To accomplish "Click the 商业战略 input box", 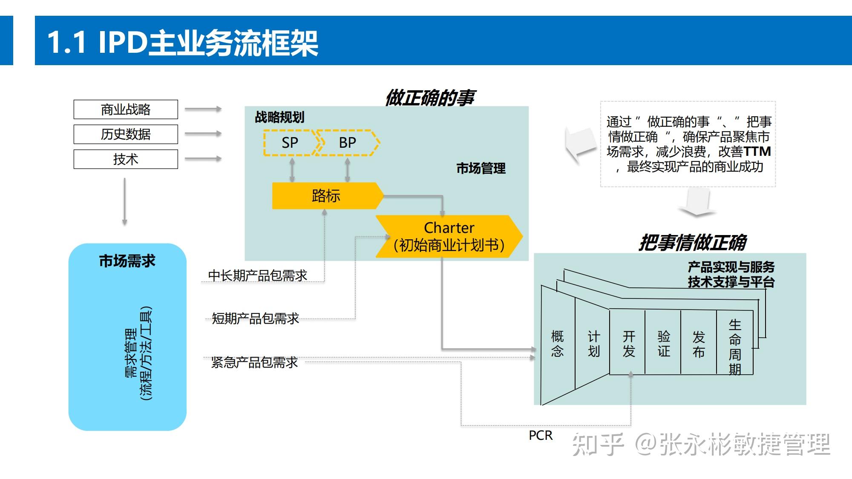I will (x=126, y=109).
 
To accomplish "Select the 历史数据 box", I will (x=126, y=134).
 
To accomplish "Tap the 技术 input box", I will (x=126, y=159).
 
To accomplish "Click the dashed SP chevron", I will (x=290, y=143).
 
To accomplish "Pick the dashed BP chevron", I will (x=348, y=143).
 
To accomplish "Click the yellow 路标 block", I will (x=326, y=196).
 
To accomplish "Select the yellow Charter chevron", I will (x=449, y=236).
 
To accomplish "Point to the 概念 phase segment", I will (x=558, y=344).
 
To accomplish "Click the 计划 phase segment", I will (x=594, y=344).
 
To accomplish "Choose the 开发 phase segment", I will (x=629, y=344).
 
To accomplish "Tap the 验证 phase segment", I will (x=664, y=344).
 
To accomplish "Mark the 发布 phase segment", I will (x=699, y=344).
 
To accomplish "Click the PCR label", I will (x=541, y=435).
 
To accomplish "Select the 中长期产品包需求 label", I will (x=258, y=275).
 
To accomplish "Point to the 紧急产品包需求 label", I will (x=255, y=362).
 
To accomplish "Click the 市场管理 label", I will (x=481, y=169).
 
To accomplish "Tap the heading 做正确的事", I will (x=430, y=98).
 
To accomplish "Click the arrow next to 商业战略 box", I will (x=203, y=109).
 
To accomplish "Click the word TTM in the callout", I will (x=757, y=152).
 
